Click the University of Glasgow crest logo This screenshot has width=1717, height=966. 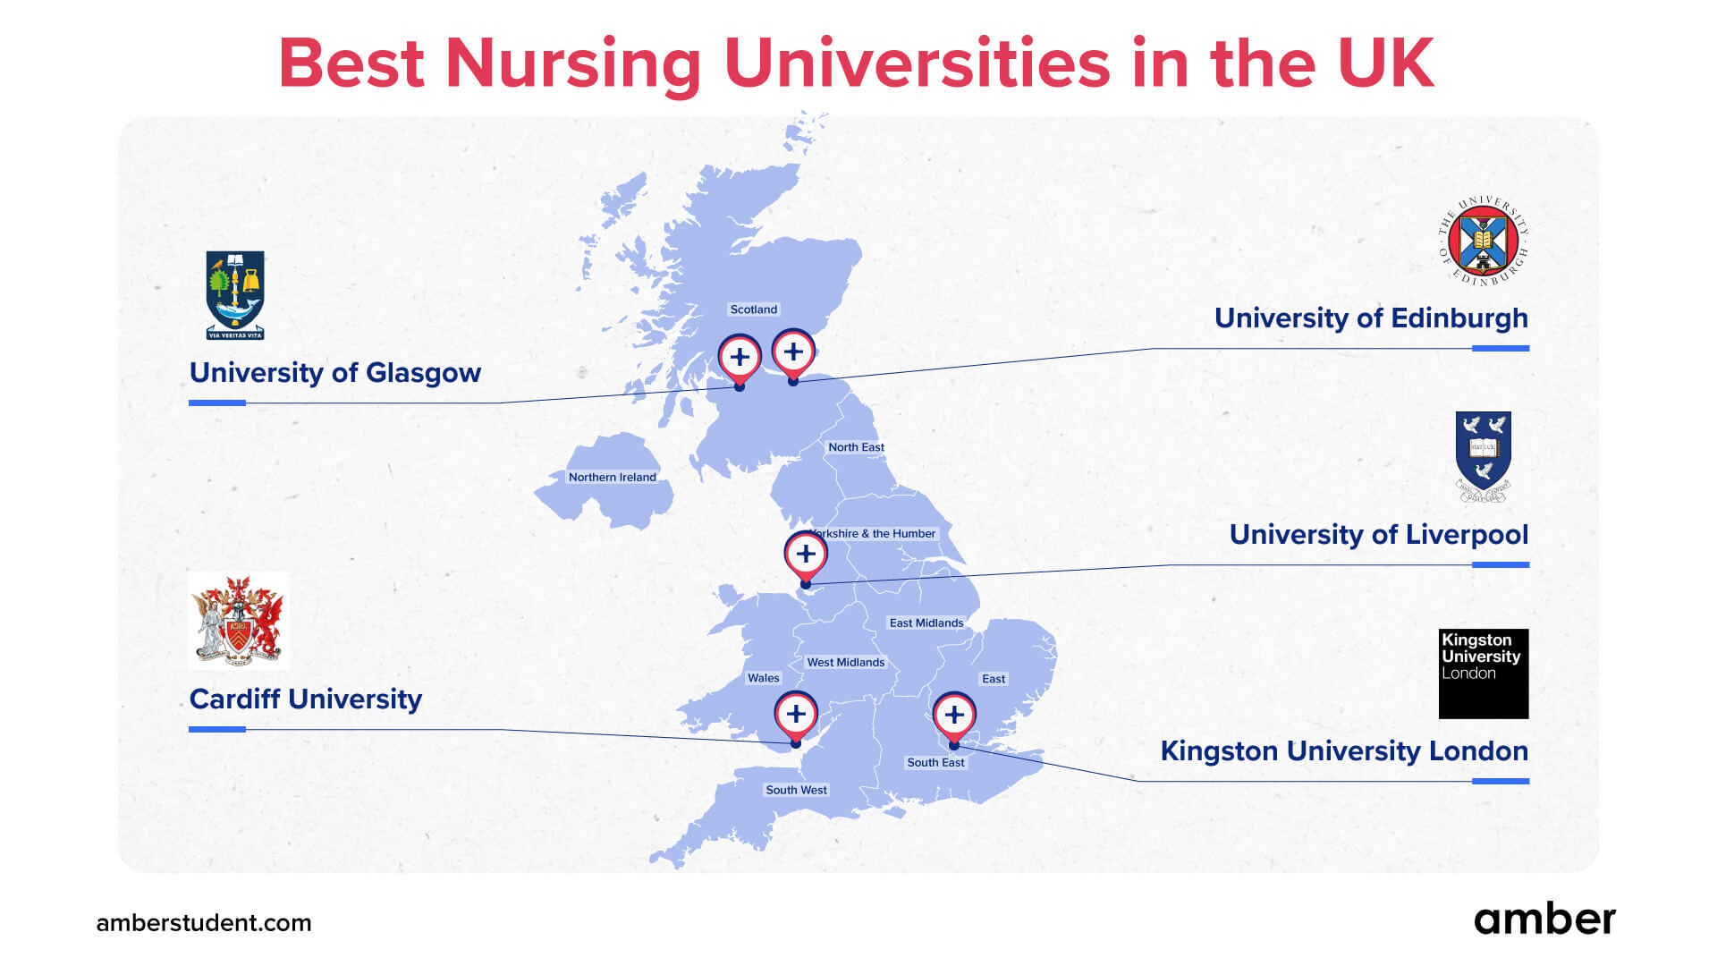tap(235, 294)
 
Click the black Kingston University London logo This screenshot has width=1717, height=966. tap(1483, 673)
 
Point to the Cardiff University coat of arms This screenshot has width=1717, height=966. tap(239, 621)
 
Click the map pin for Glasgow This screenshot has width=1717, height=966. tap(740, 358)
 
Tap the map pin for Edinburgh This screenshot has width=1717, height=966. tap(793, 352)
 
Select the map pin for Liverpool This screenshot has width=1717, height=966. tap(806, 555)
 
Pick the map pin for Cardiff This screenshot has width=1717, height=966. tap(796, 715)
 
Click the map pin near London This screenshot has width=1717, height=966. tap(954, 716)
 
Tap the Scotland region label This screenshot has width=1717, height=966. tap(754, 309)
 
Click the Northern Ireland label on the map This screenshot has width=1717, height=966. tap(613, 478)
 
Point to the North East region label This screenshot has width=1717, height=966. tap(856, 447)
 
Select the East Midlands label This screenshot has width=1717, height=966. tap(926, 623)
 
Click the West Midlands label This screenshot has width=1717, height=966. tap(846, 663)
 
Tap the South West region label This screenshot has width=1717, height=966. tap(796, 791)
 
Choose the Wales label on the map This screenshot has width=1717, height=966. tap(764, 678)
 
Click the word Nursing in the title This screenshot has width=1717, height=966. tap(573, 64)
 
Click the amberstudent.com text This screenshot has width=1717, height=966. tap(204, 923)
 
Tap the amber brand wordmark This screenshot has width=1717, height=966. tap(1544, 919)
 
